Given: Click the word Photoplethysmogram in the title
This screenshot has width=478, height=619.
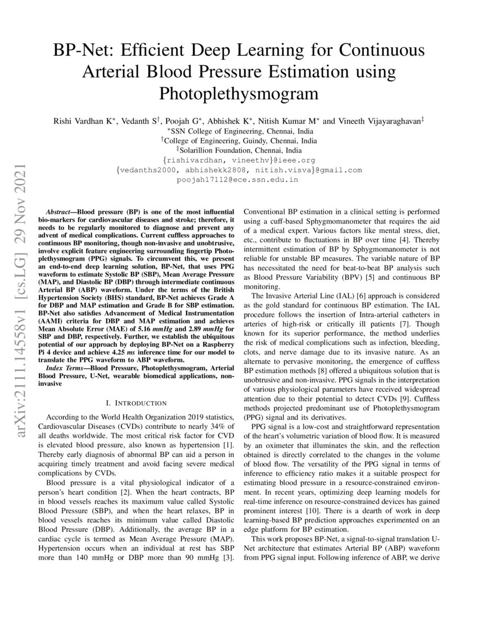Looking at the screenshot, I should (x=239, y=92).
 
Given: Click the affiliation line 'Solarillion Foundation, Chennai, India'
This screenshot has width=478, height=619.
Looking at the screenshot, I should (x=239, y=150).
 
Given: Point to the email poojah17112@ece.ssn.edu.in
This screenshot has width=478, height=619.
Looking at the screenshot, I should (x=239, y=180).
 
